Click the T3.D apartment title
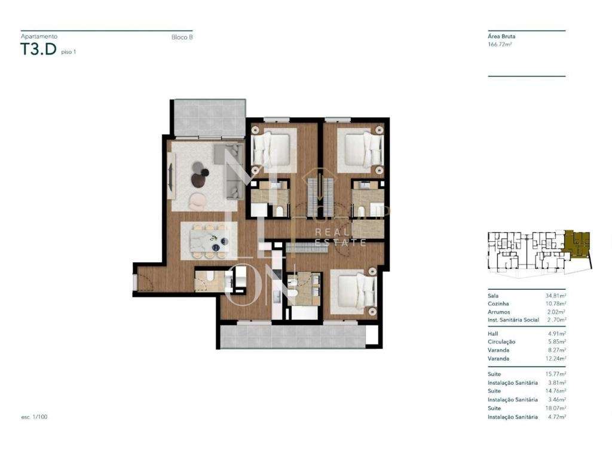[x=39, y=50]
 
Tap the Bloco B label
[x=182, y=38]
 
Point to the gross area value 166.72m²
[x=500, y=44]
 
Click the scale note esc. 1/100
[x=34, y=416]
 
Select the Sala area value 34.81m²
[x=555, y=296]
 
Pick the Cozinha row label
[x=498, y=303]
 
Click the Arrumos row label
[x=499, y=312]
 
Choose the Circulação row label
[x=501, y=342]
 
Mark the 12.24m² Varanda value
[x=555, y=358]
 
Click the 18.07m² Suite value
[x=555, y=408]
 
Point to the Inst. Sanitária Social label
[x=513, y=320]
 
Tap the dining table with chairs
[x=209, y=241]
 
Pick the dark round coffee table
[x=200, y=179]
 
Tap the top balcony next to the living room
[x=210, y=118]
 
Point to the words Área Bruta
[x=501, y=36]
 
